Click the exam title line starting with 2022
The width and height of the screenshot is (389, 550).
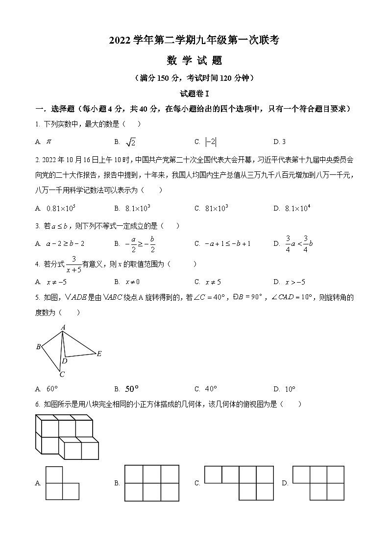(x=194, y=41)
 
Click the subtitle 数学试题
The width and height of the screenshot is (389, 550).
(x=194, y=61)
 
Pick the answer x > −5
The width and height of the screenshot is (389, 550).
(x=295, y=282)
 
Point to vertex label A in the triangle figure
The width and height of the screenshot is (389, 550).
(x=63, y=327)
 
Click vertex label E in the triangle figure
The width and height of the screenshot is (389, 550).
(x=99, y=354)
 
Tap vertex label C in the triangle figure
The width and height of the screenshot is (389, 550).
(x=62, y=375)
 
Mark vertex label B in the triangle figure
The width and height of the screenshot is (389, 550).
(x=38, y=347)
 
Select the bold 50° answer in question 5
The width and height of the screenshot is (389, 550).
(x=132, y=389)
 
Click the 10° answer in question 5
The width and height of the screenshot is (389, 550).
(x=290, y=389)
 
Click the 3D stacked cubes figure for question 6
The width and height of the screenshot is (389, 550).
(x=67, y=436)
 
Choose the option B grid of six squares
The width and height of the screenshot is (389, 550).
(x=152, y=483)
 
